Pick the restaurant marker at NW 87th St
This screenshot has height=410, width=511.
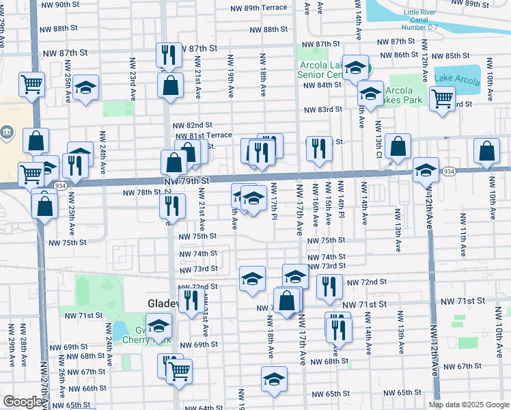(x=167, y=54)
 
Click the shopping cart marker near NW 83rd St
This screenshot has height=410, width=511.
(x=442, y=97)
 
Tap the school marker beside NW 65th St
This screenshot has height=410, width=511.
(x=274, y=378)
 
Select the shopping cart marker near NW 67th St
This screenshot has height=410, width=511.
(x=179, y=370)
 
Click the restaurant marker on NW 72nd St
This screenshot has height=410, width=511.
(x=330, y=286)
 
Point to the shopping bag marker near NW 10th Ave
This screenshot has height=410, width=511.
(x=486, y=152)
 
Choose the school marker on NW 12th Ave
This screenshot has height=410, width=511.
(x=426, y=169)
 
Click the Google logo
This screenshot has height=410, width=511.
(x=23, y=402)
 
